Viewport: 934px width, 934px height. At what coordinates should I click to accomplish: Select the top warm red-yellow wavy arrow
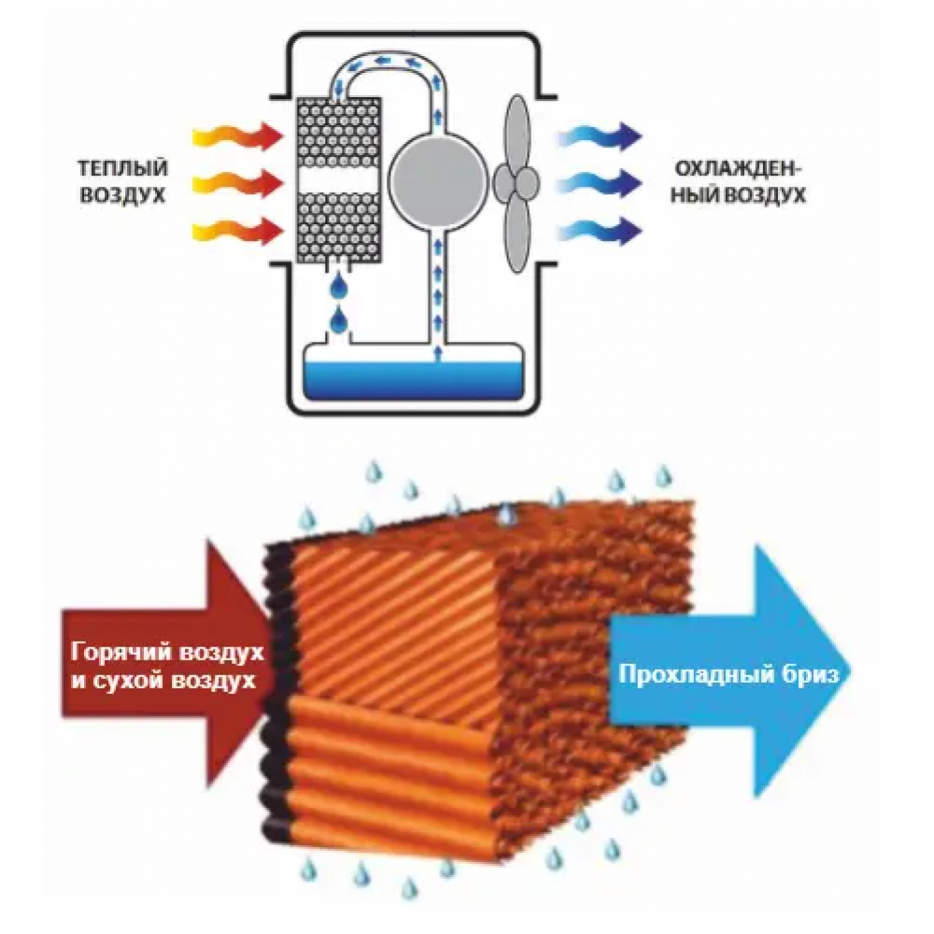click(x=235, y=137)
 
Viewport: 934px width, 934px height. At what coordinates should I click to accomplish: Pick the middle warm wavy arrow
click(x=235, y=181)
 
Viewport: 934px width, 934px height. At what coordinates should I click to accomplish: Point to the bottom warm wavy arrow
click(x=235, y=227)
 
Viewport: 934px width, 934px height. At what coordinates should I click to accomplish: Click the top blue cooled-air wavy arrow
click(x=599, y=137)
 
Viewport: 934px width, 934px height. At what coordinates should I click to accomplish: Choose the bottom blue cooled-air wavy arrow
click(x=599, y=227)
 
